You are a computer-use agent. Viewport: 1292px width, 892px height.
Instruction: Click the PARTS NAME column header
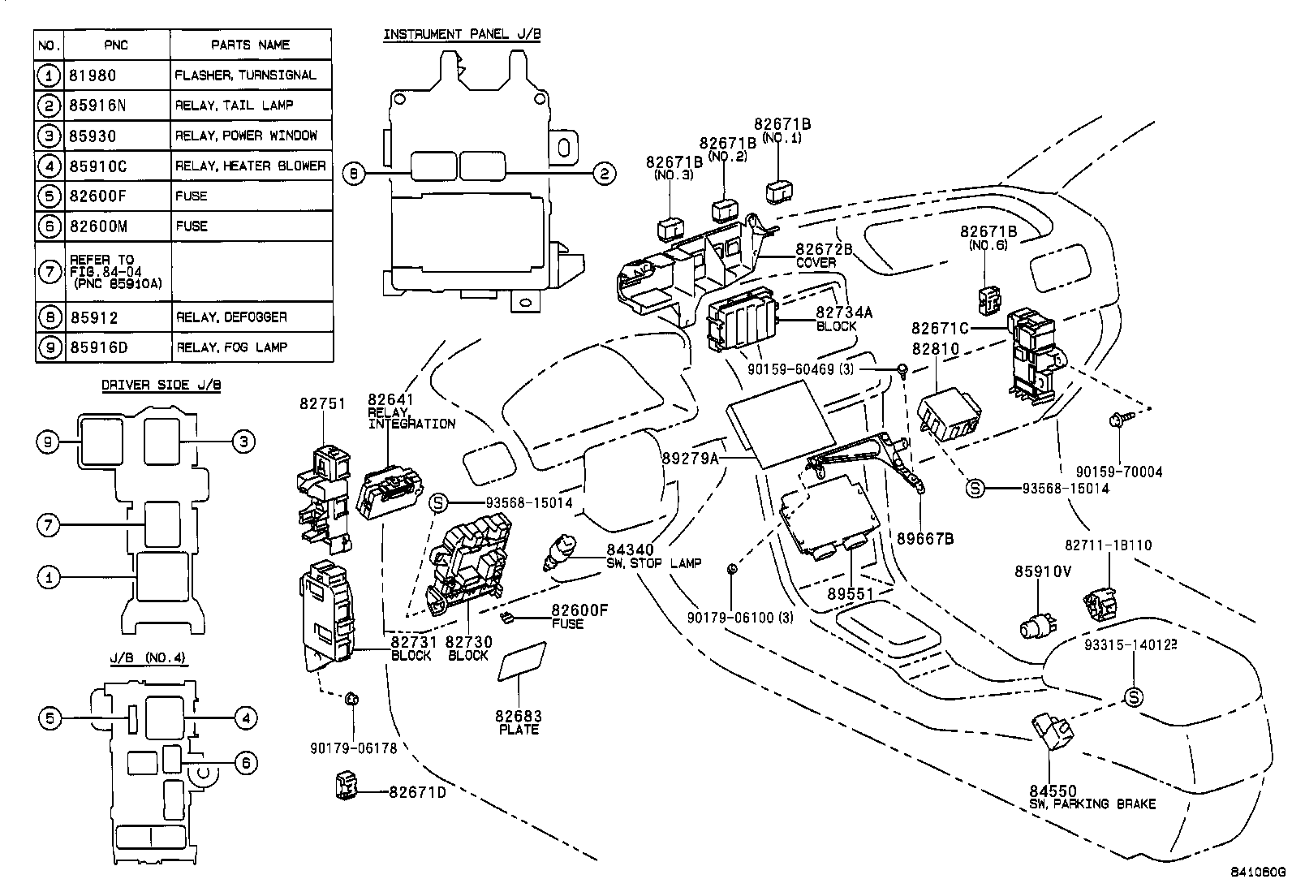point(250,45)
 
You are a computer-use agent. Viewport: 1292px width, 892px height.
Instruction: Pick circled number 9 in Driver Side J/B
point(49,442)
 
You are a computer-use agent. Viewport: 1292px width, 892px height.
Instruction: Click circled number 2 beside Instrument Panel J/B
point(603,173)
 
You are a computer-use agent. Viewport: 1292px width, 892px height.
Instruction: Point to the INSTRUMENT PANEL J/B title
point(462,34)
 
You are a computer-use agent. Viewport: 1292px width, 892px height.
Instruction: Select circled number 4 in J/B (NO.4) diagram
point(245,717)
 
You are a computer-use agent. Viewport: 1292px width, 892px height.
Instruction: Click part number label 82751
point(322,403)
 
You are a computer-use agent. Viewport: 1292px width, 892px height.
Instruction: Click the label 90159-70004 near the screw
point(1119,472)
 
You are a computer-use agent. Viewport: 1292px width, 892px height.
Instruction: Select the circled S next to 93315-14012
point(1133,696)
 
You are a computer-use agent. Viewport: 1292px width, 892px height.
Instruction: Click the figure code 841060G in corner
point(1257,873)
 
